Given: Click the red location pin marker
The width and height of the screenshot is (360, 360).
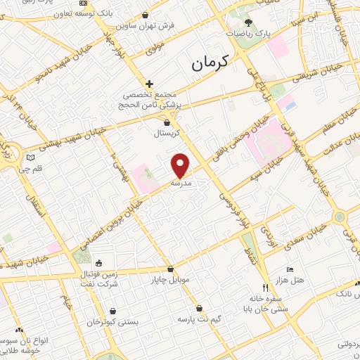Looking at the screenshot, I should click(x=181, y=165).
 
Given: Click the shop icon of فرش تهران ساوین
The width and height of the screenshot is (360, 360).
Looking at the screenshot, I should click(x=146, y=15).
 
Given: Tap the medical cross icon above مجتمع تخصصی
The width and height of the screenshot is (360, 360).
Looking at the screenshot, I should click(x=149, y=84).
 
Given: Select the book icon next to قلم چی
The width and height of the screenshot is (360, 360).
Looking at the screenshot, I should click(x=30, y=157).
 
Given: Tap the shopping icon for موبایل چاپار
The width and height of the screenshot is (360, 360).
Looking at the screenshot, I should click(x=170, y=269).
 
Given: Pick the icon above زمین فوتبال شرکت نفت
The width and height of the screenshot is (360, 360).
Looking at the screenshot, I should click(x=98, y=263).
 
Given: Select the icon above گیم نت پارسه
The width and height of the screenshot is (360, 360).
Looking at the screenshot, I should click(x=200, y=308).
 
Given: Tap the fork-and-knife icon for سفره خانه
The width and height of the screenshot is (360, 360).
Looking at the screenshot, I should click(x=265, y=287).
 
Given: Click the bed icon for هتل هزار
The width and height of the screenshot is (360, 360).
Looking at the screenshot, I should click(x=290, y=269).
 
